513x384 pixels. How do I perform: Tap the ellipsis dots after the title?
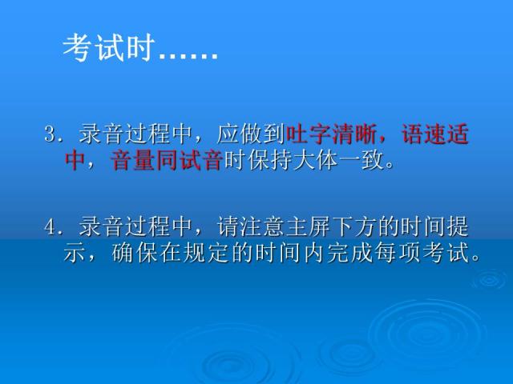tap(188, 54)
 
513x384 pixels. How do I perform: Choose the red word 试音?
tap(203, 161)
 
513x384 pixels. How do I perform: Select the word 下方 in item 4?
tap(363, 227)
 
